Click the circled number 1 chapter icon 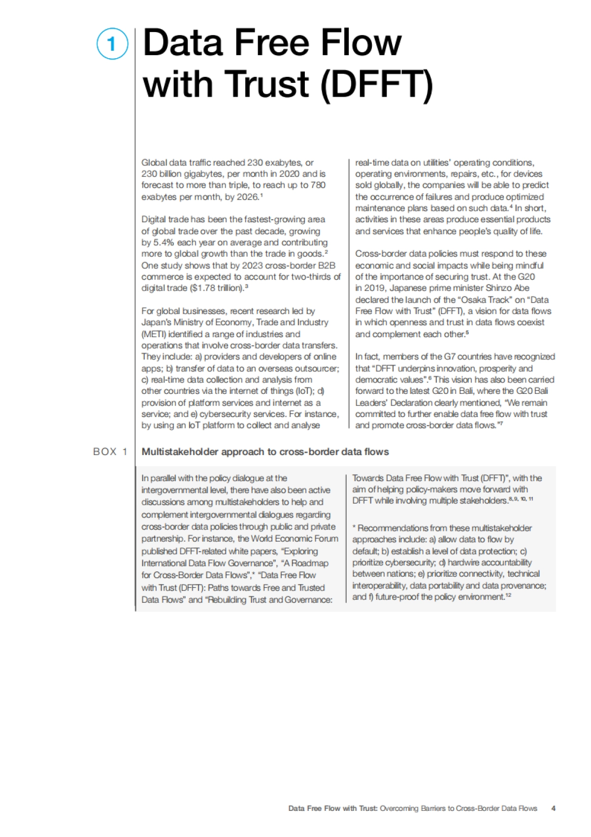(x=112, y=44)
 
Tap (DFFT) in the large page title (x=376, y=84)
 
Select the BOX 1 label (x=110, y=452)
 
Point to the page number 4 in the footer (x=554, y=808)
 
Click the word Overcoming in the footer (x=399, y=808)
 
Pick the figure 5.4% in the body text (x=164, y=243)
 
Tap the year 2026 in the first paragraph (x=247, y=197)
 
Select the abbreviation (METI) (x=154, y=334)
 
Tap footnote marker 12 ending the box (x=509, y=595)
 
